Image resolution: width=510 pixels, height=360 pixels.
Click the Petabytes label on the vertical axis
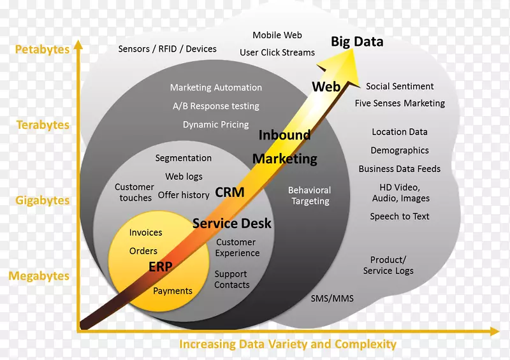tap(42, 49)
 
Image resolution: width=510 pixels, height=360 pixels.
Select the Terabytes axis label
tap(43, 125)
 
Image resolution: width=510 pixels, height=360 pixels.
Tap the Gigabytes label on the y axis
tap(43, 200)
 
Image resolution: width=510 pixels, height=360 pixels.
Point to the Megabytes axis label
tap(39, 276)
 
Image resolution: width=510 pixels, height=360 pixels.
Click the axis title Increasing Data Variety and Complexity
tap(288, 345)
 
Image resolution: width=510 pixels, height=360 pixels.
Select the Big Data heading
tap(357, 42)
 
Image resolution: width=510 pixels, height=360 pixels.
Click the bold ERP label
tap(160, 267)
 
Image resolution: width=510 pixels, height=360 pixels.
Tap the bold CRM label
tap(229, 192)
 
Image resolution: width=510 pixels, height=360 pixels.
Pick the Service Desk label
tap(231, 223)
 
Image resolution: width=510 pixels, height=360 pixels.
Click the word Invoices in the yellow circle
tap(145, 233)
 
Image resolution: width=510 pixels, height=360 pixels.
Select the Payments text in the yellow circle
tap(172, 291)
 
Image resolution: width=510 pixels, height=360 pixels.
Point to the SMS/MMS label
tap(331, 298)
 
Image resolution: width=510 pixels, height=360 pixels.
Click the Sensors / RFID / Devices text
tap(167, 49)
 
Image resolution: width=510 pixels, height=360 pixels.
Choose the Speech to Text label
tap(400, 216)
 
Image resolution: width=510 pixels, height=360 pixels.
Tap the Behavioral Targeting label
tap(310, 196)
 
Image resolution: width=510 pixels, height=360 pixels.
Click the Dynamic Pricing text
tap(215, 124)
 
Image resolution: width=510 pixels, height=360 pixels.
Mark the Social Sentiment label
tap(400, 86)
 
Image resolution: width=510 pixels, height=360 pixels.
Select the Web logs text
tap(184, 176)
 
